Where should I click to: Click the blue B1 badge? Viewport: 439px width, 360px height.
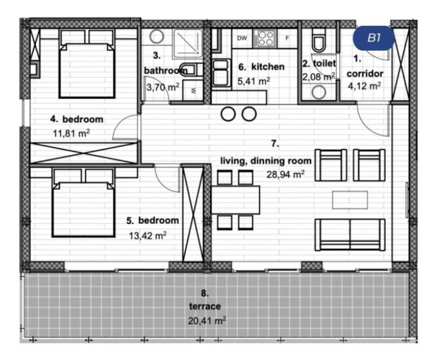coord(374,38)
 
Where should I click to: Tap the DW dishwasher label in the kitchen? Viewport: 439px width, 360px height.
coord(242,38)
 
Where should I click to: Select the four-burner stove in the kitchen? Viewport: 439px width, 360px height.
coord(265,38)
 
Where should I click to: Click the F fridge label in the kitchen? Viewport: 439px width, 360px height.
coord(287,38)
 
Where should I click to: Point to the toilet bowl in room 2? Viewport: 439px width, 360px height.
coord(318,41)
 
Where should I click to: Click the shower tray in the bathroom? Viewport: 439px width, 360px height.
coord(187,43)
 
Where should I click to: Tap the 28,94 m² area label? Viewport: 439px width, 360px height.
coord(285,174)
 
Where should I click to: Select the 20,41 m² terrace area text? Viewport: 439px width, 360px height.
coord(207,320)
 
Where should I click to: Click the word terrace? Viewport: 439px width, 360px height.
coord(205,306)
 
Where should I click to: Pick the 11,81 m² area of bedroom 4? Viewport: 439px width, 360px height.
coord(71,133)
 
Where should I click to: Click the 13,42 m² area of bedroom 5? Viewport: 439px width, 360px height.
coord(147,235)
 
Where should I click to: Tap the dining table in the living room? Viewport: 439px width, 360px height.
coord(236,199)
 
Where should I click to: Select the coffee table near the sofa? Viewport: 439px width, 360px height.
coord(350,200)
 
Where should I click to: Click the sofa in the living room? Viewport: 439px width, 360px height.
coord(350,235)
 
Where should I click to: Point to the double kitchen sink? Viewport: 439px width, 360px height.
coord(221,73)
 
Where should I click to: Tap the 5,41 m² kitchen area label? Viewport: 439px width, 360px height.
coord(254,81)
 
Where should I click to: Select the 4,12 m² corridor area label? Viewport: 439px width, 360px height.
coord(364,85)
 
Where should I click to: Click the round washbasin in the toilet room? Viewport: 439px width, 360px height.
coord(319,92)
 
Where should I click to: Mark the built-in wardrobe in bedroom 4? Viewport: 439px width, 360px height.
coord(83,153)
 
